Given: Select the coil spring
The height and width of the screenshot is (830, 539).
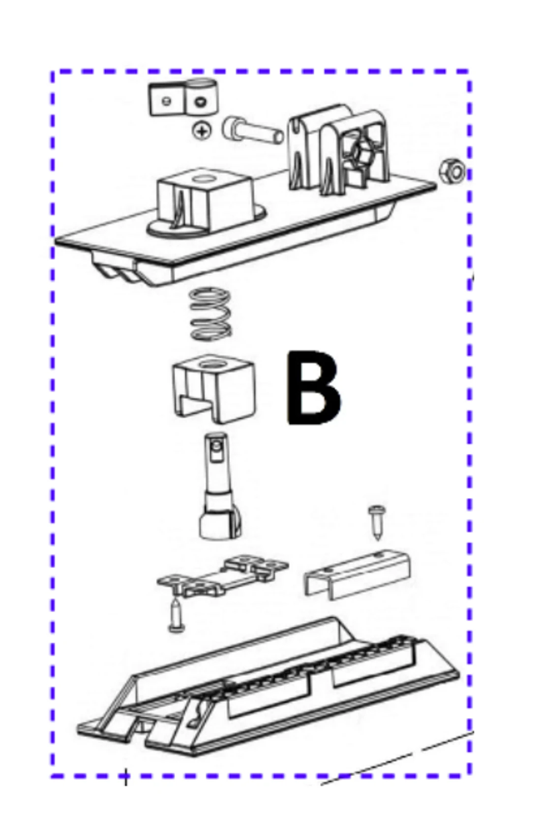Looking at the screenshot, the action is pyautogui.click(x=210, y=314).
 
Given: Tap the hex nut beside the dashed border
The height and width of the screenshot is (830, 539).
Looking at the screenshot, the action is pyautogui.click(x=452, y=171).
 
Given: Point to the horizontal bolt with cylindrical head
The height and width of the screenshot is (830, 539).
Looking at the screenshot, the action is pyautogui.click(x=253, y=130).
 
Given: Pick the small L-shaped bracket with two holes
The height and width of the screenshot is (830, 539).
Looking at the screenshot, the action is pyautogui.click(x=183, y=97).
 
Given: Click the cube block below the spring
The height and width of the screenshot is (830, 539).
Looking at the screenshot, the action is pyautogui.click(x=214, y=389).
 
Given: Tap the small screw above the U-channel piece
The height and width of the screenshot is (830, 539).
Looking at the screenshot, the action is pyautogui.click(x=377, y=522).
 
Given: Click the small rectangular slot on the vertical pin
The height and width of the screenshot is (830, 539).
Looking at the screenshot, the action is pyautogui.click(x=215, y=452).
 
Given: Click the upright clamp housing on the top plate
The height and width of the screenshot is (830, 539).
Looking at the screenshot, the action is pyautogui.click(x=339, y=149).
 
